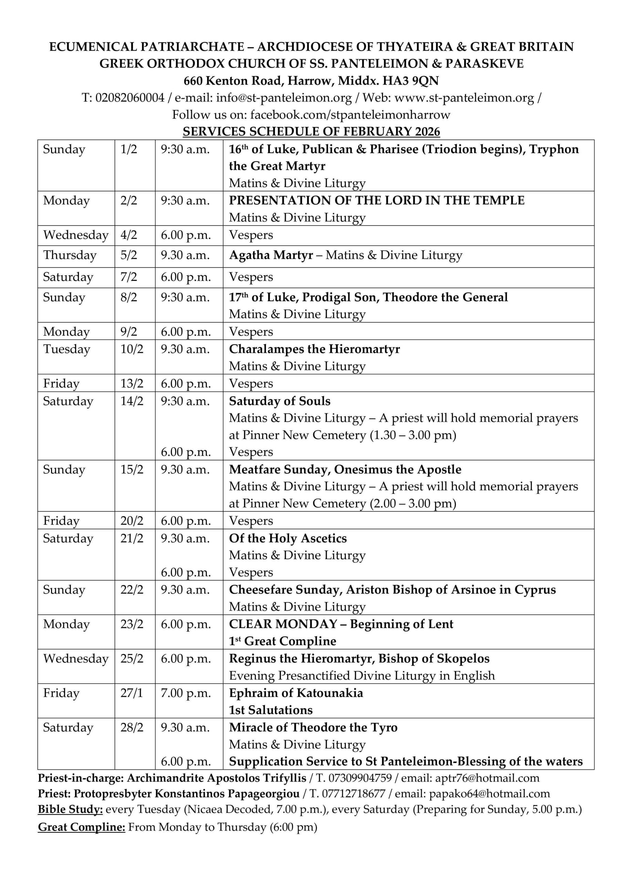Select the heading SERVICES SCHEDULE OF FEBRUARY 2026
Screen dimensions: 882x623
(311, 131)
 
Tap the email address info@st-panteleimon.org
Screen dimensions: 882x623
(284, 98)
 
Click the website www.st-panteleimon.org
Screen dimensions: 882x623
(464, 98)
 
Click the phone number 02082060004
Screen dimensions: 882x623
(130, 98)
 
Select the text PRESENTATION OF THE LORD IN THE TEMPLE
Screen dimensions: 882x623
(376, 201)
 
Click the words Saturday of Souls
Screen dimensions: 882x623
(280, 401)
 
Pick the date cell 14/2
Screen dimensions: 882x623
(132, 401)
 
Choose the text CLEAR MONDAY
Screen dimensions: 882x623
(283, 624)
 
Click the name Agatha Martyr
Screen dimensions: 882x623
(271, 255)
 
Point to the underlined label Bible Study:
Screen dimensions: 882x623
(70, 809)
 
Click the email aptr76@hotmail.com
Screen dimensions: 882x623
(487, 778)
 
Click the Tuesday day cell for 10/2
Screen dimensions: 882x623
(66, 349)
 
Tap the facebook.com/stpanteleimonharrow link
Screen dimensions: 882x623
(350, 114)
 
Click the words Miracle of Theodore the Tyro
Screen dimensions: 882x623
(313, 727)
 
